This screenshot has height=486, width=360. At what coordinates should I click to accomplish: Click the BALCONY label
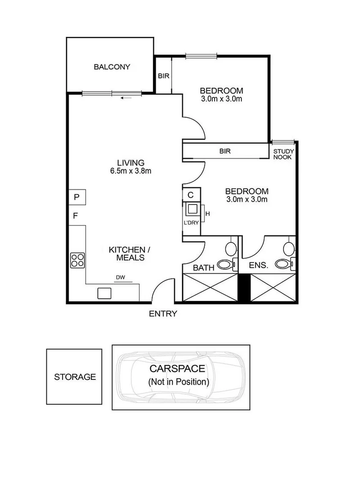pyautogui.click(x=112, y=67)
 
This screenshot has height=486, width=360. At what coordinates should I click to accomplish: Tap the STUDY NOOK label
pyautogui.click(x=283, y=154)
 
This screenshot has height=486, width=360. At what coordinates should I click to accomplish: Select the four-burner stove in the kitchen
pyautogui.click(x=77, y=260)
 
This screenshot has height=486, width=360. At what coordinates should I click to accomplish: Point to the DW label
pyautogui.click(x=120, y=278)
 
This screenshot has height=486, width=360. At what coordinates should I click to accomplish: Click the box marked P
pyautogui.click(x=77, y=197)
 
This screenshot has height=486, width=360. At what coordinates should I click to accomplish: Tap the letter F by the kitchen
pyautogui.click(x=76, y=216)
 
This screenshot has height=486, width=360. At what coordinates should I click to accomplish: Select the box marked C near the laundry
pyautogui.click(x=190, y=195)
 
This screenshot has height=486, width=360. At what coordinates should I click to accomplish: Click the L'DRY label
pyautogui.click(x=190, y=222)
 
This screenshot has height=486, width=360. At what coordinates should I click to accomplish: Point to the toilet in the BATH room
pyautogui.click(x=225, y=265)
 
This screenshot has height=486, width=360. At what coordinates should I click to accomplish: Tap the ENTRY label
pyautogui.click(x=163, y=314)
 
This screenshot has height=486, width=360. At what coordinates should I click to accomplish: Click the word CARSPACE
pyautogui.click(x=177, y=369)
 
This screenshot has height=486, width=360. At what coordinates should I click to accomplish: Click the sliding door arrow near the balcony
pyautogui.click(x=126, y=97)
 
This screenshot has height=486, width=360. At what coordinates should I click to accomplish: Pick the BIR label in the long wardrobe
pyautogui.click(x=225, y=152)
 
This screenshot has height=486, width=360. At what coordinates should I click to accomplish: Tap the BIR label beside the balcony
pyautogui.click(x=163, y=76)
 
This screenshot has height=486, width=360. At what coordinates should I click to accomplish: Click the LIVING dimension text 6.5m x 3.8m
pyautogui.click(x=130, y=171)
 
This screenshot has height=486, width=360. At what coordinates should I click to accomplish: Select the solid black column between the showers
pyautogui.click(x=243, y=288)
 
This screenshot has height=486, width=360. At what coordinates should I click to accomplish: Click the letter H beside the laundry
pyautogui.click(x=207, y=213)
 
